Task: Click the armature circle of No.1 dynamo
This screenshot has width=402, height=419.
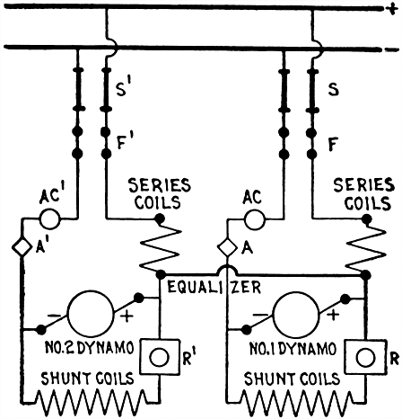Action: pos(296,316)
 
